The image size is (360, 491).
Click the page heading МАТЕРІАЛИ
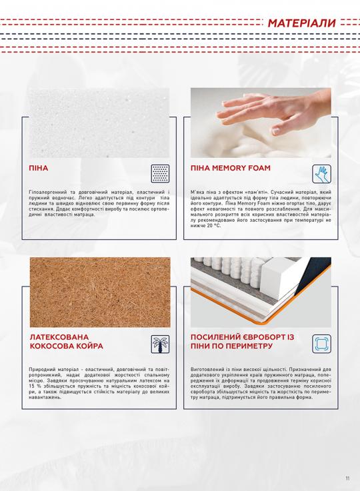tap(302, 23)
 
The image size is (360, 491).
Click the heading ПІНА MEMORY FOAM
tap(230, 168)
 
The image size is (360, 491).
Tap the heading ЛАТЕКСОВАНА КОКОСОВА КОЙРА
tap(67, 342)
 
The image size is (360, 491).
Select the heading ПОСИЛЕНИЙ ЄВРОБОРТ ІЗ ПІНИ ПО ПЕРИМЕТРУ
tap(242, 342)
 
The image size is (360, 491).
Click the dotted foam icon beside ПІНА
tap(160, 173)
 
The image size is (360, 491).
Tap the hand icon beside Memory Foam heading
tap(321, 174)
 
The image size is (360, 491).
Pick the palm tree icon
tap(160, 344)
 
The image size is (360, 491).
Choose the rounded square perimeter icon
tap(321, 344)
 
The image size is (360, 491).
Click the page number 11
tap(347, 478)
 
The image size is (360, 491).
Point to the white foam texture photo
tap(99, 123)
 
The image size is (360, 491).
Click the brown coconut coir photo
tap(100, 292)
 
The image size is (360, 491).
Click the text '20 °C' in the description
tap(214, 226)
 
